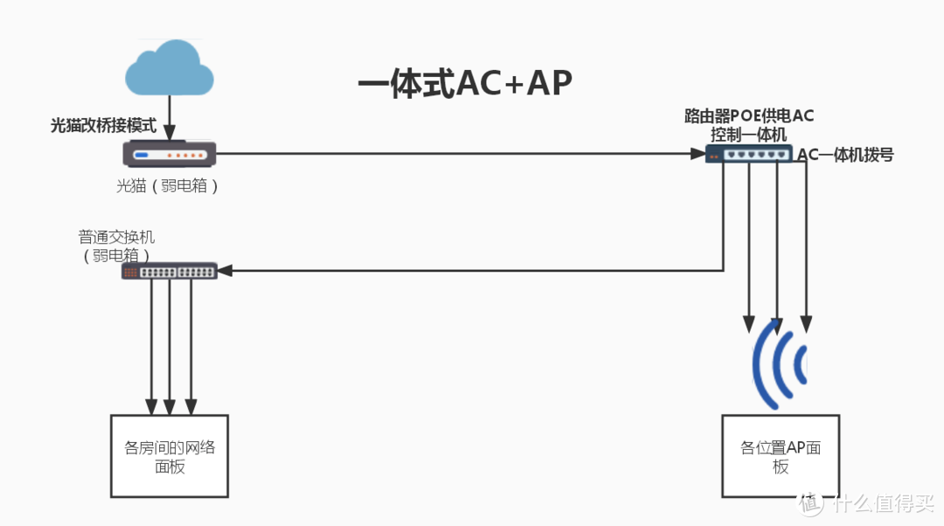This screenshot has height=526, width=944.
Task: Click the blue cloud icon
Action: pyautogui.click(x=169, y=69)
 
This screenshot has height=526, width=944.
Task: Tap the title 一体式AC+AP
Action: pyautogui.click(x=465, y=83)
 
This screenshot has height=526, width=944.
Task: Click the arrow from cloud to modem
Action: pyautogui.click(x=169, y=118)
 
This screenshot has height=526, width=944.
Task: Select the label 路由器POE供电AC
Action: pyautogui.click(x=749, y=116)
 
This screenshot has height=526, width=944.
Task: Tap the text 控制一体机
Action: pyautogui.click(x=749, y=135)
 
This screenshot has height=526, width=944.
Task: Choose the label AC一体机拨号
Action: pyautogui.click(x=845, y=155)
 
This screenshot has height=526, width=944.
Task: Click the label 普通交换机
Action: pyautogui.click(x=117, y=237)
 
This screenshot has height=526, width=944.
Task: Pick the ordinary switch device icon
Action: pyautogui.click(x=170, y=271)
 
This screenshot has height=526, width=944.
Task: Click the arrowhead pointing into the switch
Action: pyautogui.click(x=225, y=271)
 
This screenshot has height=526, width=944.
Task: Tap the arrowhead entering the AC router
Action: pyautogui.click(x=698, y=154)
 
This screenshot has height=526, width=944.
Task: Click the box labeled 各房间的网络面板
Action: pyautogui.click(x=170, y=455)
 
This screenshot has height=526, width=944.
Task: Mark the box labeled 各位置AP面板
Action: pyautogui.click(x=781, y=455)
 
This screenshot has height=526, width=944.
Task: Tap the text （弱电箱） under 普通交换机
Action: pyautogui.click(x=117, y=254)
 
